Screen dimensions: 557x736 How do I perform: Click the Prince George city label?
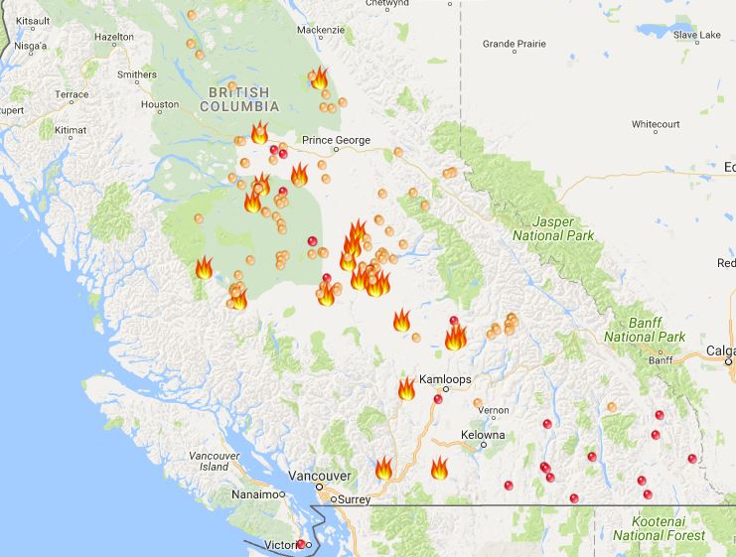pos(336,141)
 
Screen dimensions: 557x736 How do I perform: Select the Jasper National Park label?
pos(553,228)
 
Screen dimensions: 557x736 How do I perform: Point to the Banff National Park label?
pos(645,331)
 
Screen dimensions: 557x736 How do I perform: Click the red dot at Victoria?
pos(301,544)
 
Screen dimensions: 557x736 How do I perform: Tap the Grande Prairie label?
pos(514,45)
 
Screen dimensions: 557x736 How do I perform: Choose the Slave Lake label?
pos(696,36)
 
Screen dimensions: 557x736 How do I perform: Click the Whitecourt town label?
pos(656,125)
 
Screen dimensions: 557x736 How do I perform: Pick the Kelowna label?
pos(483,435)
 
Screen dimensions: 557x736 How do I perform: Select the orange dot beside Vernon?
pos(478,403)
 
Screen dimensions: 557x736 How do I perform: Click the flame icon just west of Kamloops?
pos(406,388)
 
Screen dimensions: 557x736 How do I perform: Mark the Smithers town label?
pos(136,74)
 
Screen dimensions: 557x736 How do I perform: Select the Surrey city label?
pos(354,499)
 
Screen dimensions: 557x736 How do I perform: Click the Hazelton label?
pos(114,37)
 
